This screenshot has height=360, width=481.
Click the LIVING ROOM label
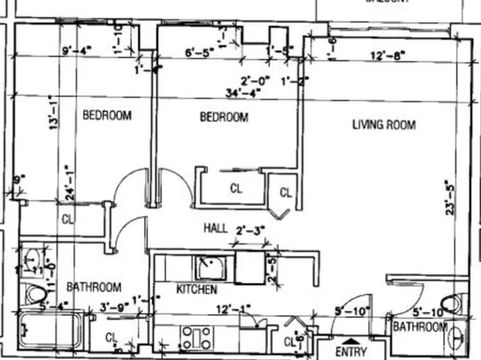383,124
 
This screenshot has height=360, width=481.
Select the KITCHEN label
197,288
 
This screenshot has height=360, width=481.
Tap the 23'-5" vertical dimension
450,196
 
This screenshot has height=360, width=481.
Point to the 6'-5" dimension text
200,54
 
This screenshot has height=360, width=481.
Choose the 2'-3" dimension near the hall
250,231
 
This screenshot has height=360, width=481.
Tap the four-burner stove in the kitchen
197,336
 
